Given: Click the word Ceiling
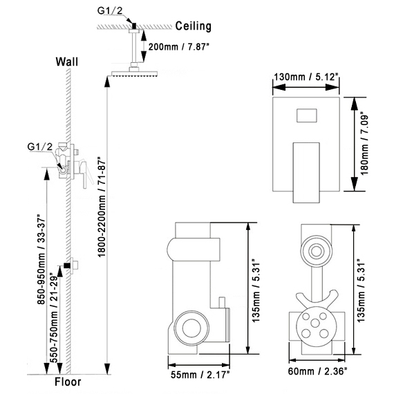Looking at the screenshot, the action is point(193,26).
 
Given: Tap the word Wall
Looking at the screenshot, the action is point(67,62).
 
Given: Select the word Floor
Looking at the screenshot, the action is point(68,382).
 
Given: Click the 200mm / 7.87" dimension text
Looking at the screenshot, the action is point(178,47).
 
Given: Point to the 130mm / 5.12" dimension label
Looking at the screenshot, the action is point(306,77).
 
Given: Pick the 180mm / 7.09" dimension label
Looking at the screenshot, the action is point(364,144).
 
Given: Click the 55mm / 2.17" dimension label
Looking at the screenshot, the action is point(200,375).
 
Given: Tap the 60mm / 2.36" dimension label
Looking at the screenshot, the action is point(317,371).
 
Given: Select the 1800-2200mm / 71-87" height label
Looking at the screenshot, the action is point(102,207).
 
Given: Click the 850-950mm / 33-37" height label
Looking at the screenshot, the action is point(41,259).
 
